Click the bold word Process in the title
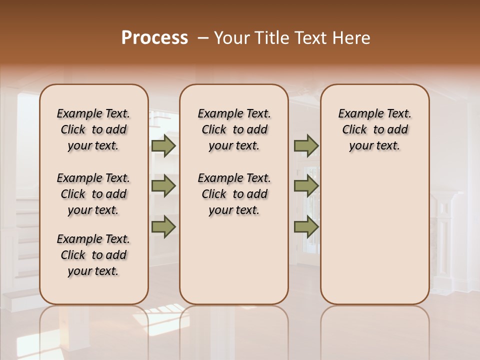click(x=154, y=38)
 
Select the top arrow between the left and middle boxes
click(x=163, y=146)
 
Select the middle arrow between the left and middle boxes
click(x=163, y=186)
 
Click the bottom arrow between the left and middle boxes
click(x=163, y=227)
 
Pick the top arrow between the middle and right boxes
click(x=306, y=146)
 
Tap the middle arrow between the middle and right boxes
click(x=306, y=186)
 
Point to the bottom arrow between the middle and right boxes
click(x=306, y=227)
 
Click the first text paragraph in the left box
click(x=93, y=129)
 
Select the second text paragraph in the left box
click(x=93, y=194)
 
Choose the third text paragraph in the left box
click(x=93, y=255)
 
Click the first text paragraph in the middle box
click(x=234, y=129)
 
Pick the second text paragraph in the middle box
click(x=234, y=194)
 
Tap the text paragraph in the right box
click(x=374, y=129)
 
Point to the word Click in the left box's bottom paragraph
click(x=73, y=255)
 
